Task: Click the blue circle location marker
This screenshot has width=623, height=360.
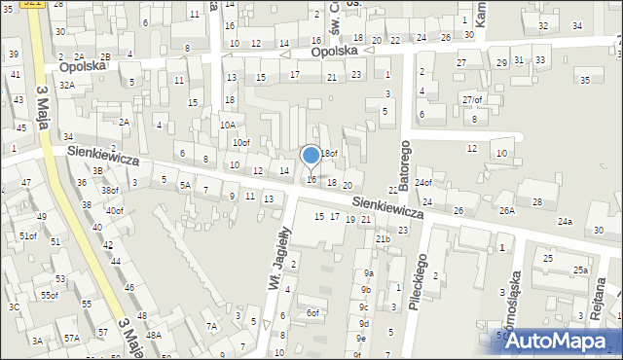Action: [x=311, y=155]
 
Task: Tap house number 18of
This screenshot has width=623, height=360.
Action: [x=330, y=153]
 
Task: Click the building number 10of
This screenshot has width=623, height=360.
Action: [x=240, y=143]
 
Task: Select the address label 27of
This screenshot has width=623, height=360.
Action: [x=472, y=99]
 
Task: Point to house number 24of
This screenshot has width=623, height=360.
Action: [x=422, y=182]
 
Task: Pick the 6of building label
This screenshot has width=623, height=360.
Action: [x=312, y=312]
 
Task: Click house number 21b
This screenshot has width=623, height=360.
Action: [x=383, y=238]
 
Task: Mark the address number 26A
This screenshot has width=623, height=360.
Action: [x=507, y=210]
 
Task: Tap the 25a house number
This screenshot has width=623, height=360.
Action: [x=580, y=270]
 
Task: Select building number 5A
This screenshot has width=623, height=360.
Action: [x=184, y=185]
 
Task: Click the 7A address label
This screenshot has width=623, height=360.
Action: [x=211, y=326]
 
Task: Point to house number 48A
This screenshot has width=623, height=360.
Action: [x=154, y=334]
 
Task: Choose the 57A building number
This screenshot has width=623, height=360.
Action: [x=72, y=338]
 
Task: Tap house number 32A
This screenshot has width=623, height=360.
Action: [x=66, y=85]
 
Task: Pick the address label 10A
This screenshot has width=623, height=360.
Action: [x=227, y=125]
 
